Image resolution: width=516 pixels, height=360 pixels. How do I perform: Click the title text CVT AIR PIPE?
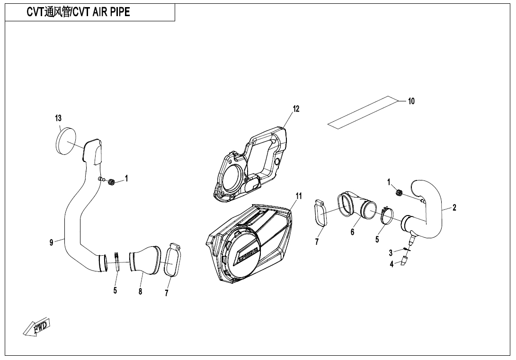pos(78,12)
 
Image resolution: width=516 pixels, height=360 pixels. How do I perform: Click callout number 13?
pos(58,118)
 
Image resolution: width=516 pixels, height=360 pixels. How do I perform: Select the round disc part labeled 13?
pos(66,141)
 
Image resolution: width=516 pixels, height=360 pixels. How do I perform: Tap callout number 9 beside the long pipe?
pos(51,242)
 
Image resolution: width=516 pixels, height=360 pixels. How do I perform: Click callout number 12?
pos(296,108)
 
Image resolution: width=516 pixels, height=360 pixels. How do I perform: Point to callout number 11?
pos(299,196)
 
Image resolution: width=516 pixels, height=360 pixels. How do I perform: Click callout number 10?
pos(411,101)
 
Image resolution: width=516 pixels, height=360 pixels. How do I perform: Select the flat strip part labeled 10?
pos(362,112)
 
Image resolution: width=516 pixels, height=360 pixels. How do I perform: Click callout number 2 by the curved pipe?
pos(454,207)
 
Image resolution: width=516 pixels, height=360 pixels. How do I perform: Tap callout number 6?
pos(352,232)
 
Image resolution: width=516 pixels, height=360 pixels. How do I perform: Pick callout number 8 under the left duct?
pos(140,291)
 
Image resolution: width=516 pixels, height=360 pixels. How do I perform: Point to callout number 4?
pos(391,264)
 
